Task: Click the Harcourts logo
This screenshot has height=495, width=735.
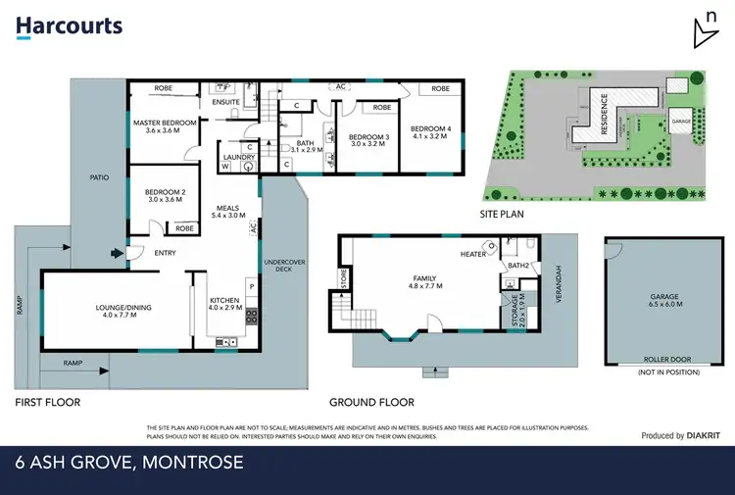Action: (x=69, y=25)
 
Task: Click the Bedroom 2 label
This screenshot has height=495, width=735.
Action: (x=165, y=195)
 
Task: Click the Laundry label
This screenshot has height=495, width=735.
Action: (x=239, y=157)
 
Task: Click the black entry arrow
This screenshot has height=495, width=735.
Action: (x=119, y=253)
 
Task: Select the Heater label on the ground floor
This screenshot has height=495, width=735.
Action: (x=473, y=255)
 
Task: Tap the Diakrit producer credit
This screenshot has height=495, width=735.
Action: (x=676, y=436)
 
